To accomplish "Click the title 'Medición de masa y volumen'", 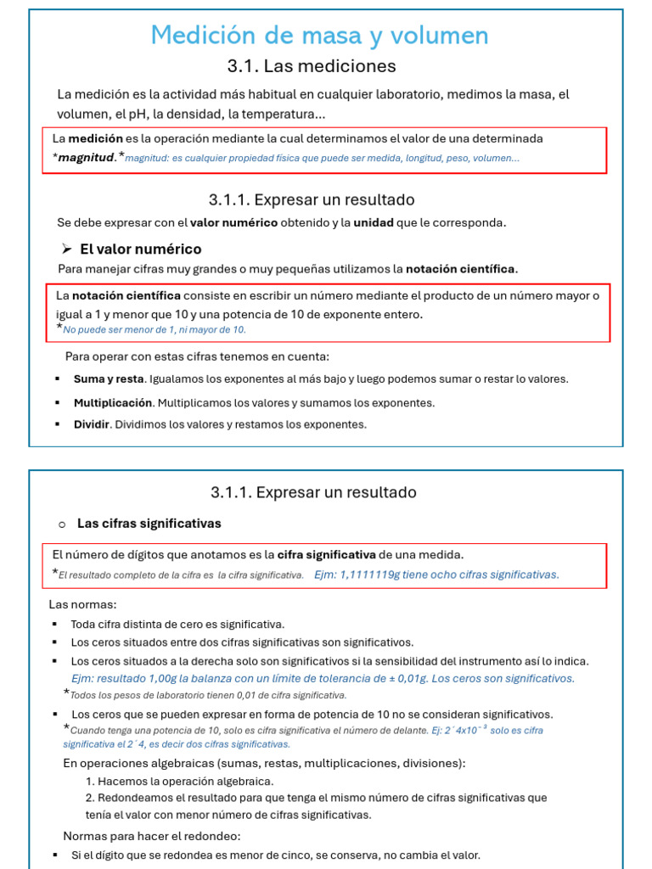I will tap(319, 35).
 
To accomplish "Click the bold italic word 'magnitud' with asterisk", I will tap(85, 157).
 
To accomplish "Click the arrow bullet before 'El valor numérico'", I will tap(66, 249).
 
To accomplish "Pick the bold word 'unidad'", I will tap(374, 222).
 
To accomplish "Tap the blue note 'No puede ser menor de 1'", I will tap(154, 329).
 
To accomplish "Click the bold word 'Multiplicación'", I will tap(112, 402).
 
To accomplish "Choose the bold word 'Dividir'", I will tap(92, 423).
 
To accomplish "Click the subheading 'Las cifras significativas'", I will tap(149, 524).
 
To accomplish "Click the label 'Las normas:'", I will tap(82, 604).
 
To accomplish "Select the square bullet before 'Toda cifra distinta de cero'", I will tap(55, 625).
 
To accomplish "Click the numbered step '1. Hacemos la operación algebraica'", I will tap(180, 781).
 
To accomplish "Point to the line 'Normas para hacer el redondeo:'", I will tap(152, 836).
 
